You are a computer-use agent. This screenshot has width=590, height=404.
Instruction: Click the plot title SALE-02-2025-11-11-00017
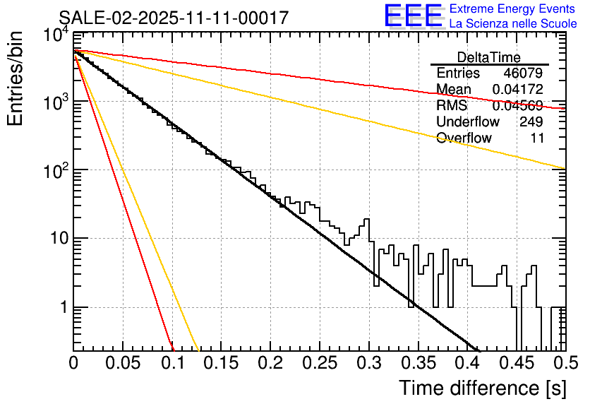174,18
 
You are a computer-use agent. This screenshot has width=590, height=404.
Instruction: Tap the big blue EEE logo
413,16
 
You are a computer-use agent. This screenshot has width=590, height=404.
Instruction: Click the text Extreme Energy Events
513,9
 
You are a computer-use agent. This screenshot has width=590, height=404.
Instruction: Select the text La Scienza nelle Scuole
513,23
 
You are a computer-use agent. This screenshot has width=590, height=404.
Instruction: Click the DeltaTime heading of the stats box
489,57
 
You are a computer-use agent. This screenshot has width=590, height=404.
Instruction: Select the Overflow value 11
537,138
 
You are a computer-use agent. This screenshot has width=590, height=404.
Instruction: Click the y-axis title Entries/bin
16,78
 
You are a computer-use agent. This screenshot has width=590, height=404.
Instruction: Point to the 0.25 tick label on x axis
319,363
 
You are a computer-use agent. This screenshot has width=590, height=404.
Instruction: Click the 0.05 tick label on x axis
122,363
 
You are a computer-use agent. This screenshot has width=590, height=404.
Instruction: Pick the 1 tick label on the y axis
62,308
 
